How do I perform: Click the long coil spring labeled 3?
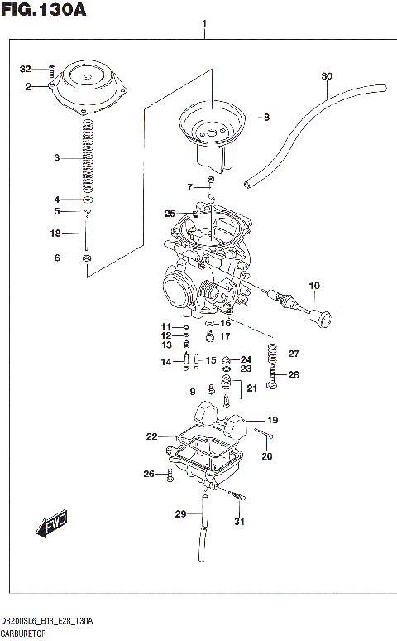click(87, 157)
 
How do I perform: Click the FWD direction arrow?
click(51, 524)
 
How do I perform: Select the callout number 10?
click(313, 287)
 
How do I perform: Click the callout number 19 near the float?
click(272, 419)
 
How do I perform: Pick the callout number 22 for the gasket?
click(151, 436)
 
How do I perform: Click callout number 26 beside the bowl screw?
click(149, 474)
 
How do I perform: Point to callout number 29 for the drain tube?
click(180, 514)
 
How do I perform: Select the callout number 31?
click(240, 521)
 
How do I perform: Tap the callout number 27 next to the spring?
click(294, 354)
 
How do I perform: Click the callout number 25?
click(170, 214)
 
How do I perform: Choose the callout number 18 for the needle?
click(55, 234)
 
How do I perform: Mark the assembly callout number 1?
click(204, 26)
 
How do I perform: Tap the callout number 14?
click(165, 361)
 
